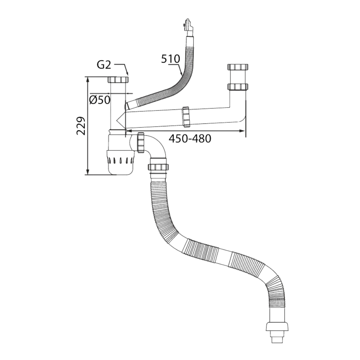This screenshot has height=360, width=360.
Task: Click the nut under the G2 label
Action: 118,80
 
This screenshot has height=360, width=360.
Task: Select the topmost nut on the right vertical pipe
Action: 238,67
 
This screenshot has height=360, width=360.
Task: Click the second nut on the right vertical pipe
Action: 238,87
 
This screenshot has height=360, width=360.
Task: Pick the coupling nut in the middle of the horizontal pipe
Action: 186,117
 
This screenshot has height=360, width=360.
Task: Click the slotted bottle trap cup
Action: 122,160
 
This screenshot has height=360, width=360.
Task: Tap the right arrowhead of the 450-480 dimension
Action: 243,132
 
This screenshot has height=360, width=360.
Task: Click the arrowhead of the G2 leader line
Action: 127,73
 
